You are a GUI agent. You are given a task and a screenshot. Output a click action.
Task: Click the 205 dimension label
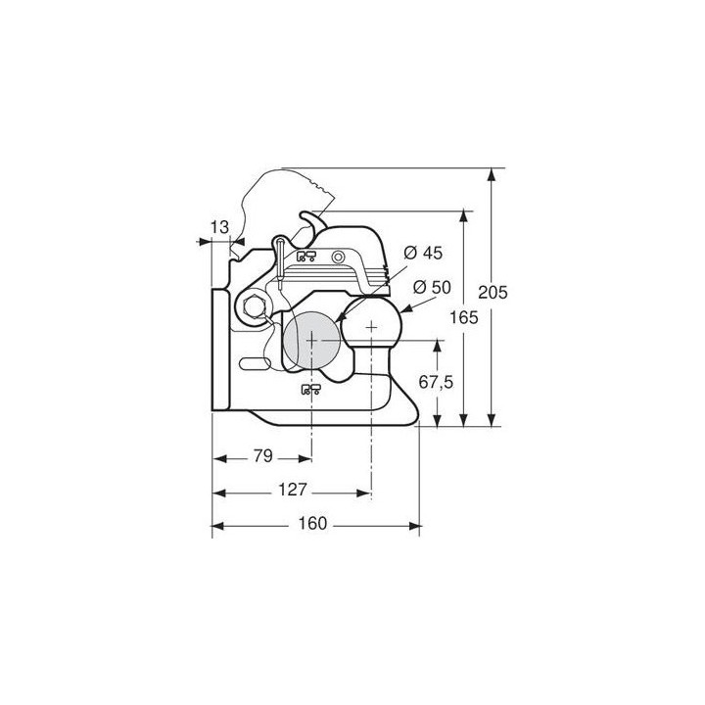(493, 292)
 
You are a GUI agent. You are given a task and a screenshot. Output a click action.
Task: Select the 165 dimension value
(464, 317)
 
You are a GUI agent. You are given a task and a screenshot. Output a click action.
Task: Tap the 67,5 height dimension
(436, 382)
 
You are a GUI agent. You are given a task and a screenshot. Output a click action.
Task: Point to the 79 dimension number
(263, 456)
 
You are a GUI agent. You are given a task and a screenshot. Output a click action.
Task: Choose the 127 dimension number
(292, 490)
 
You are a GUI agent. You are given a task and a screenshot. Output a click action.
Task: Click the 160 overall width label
(313, 523)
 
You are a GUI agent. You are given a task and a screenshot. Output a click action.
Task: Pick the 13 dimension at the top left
(220, 227)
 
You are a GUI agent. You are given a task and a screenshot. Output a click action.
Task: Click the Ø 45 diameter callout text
(423, 253)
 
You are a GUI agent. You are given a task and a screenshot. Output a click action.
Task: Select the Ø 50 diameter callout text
(432, 287)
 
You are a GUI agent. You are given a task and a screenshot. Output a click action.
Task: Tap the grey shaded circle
(311, 340)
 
